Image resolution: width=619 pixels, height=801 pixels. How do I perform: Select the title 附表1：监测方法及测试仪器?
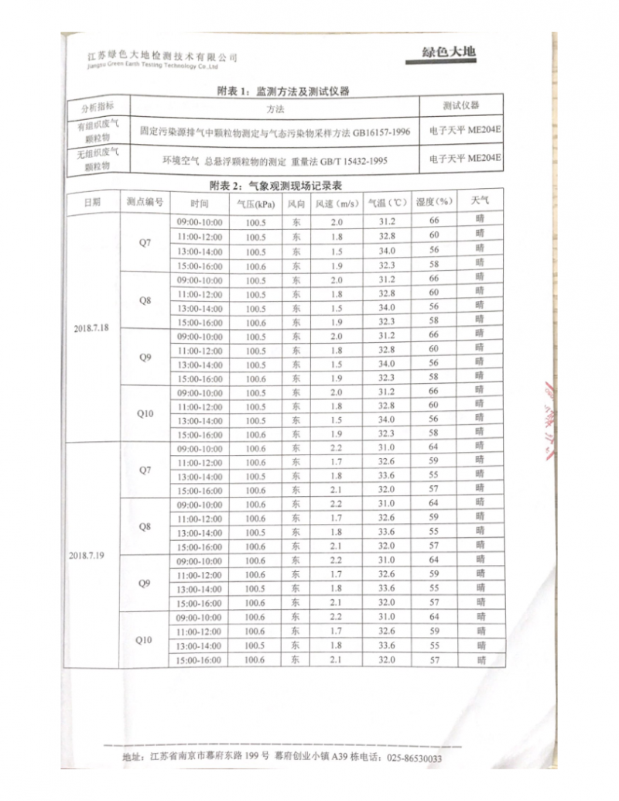(x=284, y=91)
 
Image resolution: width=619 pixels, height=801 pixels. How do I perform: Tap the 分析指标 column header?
(x=97, y=106)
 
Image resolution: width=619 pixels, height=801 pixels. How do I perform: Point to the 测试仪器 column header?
(x=461, y=105)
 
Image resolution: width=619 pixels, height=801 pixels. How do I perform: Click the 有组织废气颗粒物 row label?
(x=97, y=130)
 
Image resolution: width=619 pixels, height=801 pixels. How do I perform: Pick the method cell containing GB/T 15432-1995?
(x=275, y=160)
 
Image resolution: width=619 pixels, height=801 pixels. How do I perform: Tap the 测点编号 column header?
(x=145, y=202)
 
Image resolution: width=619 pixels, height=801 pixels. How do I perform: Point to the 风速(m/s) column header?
(x=336, y=204)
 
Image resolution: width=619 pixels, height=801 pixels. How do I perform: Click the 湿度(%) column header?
(x=434, y=202)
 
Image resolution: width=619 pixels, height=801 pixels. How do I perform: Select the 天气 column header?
(x=480, y=201)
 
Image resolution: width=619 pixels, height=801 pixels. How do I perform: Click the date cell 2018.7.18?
(x=92, y=328)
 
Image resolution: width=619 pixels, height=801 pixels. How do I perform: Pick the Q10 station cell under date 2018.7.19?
(x=144, y=640)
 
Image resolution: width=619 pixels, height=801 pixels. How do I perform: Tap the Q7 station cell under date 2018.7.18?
(x=145, y=243)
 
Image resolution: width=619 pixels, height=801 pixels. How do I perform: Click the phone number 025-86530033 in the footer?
(x=414, y=758)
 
